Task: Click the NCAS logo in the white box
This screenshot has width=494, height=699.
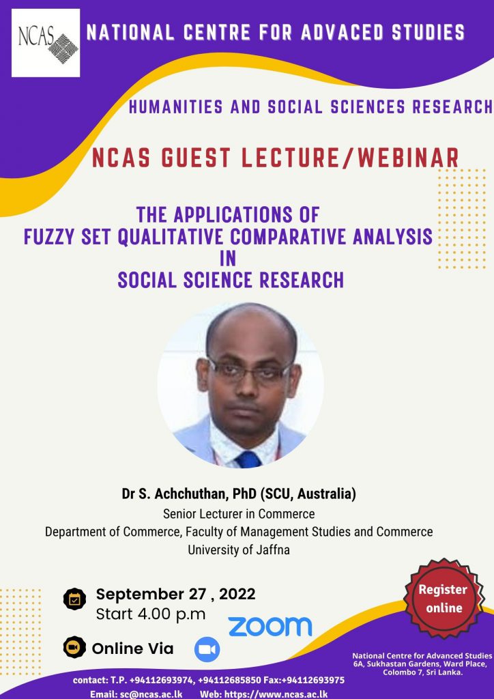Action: pos(45,42)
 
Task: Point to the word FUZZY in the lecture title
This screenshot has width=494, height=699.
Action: pos(50,237)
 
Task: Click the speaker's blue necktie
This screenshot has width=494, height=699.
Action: pos(248,458)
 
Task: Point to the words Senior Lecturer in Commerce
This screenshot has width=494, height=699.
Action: pos(239,513)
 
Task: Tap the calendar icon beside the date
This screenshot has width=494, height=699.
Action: pos(74,599)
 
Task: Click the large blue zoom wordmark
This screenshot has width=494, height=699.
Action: pos(270,626)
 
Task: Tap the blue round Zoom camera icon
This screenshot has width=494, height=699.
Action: pos(207,648)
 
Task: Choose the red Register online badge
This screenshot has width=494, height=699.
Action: pos(443,598)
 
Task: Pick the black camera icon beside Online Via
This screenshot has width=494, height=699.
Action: pos(74,648)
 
